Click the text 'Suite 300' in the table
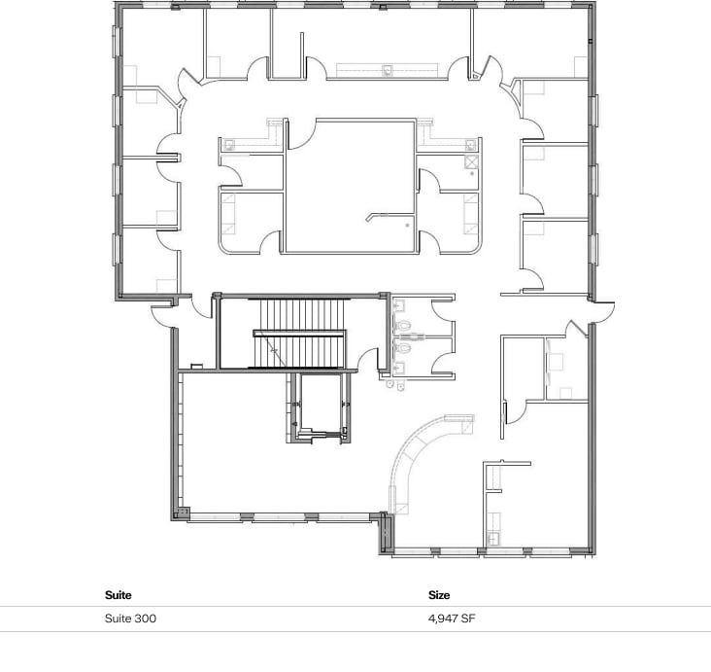click(130, 619)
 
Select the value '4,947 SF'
click(451, 619)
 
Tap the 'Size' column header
click(439, 594)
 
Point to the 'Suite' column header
click(118, 594)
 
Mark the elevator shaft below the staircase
click(320, 408)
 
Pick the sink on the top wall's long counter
click(388, 70)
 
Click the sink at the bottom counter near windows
click(492, 538)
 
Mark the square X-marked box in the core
click(470, 147)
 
